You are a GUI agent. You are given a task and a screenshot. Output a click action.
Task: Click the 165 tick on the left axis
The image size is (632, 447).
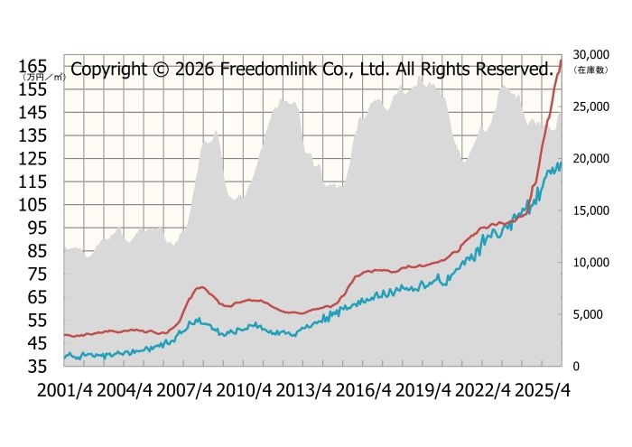(x=34, y=66)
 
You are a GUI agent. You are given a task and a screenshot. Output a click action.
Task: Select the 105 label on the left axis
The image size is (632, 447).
(x=34, y=204)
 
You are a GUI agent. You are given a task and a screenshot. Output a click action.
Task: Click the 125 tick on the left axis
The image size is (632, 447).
(x=34, y=158)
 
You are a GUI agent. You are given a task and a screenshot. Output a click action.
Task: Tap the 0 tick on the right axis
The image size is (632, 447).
(x=574, y=366)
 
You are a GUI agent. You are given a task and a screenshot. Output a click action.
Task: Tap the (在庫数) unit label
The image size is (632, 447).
(x=589, y=70)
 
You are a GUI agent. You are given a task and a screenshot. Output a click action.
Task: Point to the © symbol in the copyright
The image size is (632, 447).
(x=155, y=69)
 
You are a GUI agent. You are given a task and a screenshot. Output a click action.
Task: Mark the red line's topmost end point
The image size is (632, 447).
(x=561, y=61)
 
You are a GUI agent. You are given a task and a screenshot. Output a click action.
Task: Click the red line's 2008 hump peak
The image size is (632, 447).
(x=201, y=287)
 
